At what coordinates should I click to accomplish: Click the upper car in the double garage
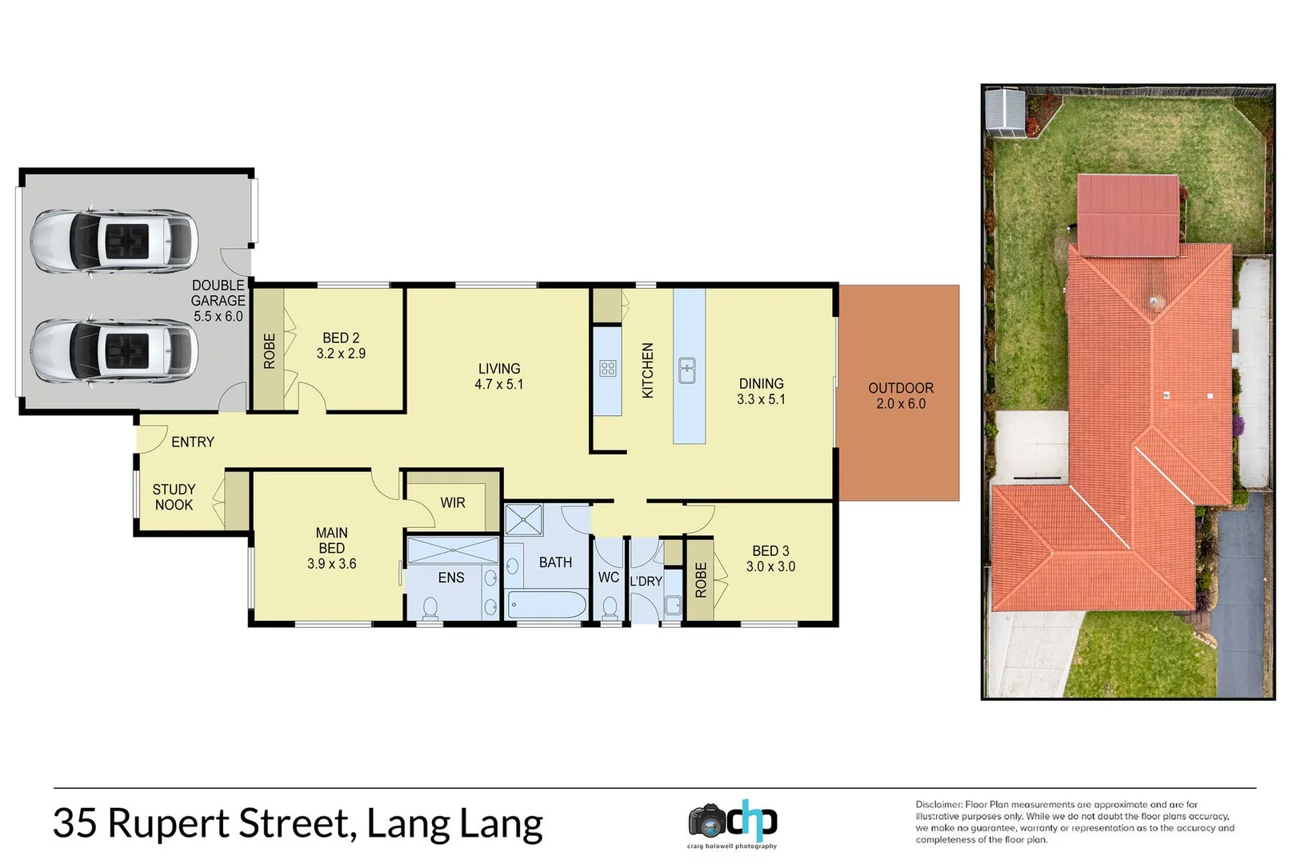pos(114,241)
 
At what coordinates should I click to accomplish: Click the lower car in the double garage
pos(114,350)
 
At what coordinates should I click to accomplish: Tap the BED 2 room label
pos(341,346)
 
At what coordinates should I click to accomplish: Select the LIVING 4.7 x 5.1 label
pos(498,377)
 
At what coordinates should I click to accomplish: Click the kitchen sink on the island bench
pos(686,370)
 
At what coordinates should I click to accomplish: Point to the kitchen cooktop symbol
pos(608,369)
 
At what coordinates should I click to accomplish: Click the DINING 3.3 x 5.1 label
pos(761,391)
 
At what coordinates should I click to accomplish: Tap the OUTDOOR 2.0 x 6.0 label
pos(901,395)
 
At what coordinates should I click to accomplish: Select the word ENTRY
pos(193,442)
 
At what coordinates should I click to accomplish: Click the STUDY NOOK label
pos(174,497)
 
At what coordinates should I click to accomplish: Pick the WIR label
pos(453,502)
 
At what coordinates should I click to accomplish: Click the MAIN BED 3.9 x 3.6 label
pos(331,548)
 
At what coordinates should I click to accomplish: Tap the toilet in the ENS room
pos(430,607)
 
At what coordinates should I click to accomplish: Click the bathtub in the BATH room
pos(547,604)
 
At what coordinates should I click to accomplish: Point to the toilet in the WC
pos(610,609)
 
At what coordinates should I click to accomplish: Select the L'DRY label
pos(646,581)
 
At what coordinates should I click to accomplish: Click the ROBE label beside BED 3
pos(701,580)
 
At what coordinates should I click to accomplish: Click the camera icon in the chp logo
pos(707,821)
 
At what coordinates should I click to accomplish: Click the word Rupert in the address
pos(168,824)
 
